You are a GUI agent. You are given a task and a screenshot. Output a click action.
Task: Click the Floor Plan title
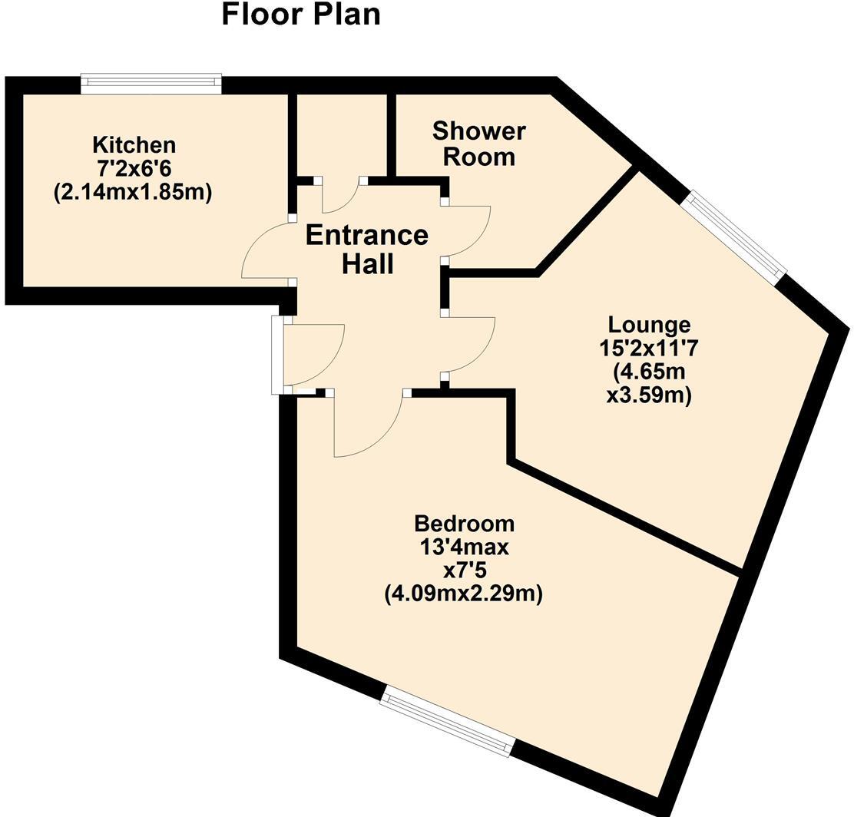point(301,15)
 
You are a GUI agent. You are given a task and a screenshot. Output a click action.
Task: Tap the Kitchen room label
point(134,144)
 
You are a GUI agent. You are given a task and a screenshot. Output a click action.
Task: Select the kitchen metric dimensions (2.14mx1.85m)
point(132,192)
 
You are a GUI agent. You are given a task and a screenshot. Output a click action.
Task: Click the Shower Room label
point(478,144)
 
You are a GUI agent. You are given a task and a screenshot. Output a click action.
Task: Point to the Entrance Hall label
point(367,249)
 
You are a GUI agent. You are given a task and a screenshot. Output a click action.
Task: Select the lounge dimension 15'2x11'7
point(649,349)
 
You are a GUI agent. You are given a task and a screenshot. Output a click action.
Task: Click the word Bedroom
point(464,524)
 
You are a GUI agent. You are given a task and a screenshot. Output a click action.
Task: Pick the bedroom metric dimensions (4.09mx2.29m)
point(464,594)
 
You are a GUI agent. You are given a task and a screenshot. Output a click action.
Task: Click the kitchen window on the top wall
point(151,84)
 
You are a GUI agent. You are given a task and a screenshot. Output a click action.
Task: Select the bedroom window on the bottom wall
point(447,722)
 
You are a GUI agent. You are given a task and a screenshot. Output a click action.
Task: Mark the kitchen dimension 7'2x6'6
point(134,168)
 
